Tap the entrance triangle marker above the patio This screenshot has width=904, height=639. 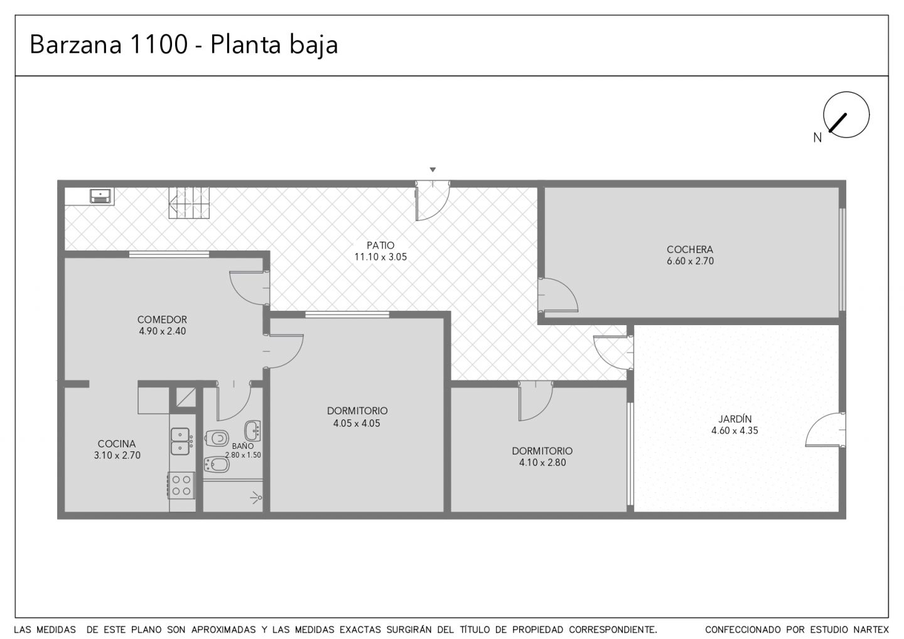[433, 170]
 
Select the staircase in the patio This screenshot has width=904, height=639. [190, 203]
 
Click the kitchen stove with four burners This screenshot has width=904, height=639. [181, 486]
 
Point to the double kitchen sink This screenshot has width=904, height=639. [180, 441]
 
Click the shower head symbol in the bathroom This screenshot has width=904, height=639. [256, 498]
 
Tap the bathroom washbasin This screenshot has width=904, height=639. [252, 431]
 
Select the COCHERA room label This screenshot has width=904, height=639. [690, 250]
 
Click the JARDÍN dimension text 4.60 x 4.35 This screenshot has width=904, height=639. [734, 431]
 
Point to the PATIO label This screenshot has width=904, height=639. [380, 245]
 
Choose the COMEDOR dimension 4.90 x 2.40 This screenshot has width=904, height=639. [162, 331]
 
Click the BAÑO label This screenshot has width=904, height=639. [243, 446]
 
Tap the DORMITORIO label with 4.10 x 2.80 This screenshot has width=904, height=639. [542, 451]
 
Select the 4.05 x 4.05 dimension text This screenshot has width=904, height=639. [357, 424]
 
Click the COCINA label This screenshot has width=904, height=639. [117, 444]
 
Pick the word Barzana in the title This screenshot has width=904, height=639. [75, 45]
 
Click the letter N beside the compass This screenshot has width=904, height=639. [817, 138]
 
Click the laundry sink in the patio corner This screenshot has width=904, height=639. [100, 196]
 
